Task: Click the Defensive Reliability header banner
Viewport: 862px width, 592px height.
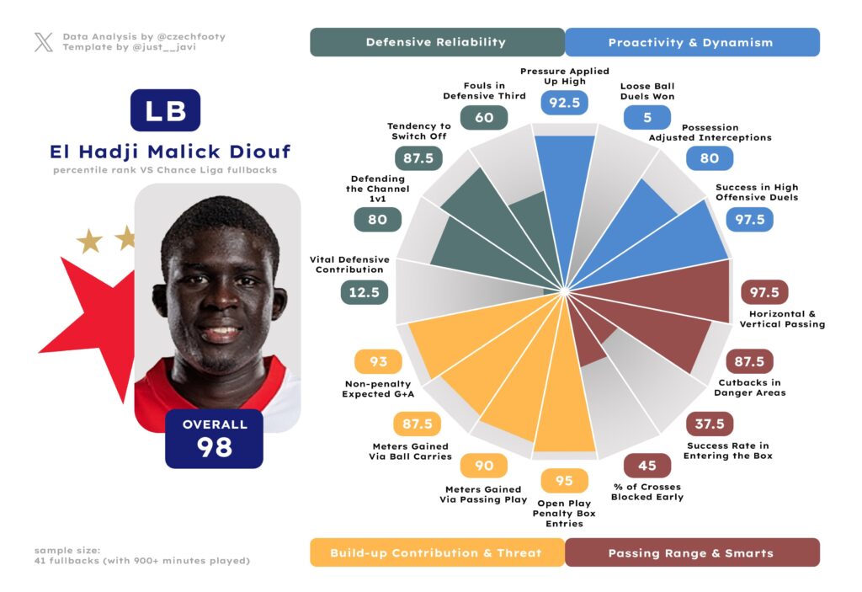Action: [x=436, y=42]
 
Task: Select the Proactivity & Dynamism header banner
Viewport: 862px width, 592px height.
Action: [x=691, y=42]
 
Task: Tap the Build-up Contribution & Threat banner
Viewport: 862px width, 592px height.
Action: [x=436, y=552]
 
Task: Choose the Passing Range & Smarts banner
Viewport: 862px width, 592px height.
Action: [x=691, y=552]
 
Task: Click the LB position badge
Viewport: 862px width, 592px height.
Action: [x=165, y=110]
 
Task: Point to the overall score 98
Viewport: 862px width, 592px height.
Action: [x=215, y=447]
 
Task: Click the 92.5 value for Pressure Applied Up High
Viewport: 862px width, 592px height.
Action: [x=565, y=103]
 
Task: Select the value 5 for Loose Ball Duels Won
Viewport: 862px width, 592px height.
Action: [x=647, y=117]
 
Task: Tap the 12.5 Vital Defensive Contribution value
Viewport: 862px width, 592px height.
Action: [x=364, y=292]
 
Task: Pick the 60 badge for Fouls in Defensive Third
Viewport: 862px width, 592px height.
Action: [x=484, y=118]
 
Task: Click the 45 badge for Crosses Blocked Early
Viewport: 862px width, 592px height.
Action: [x=647, y=465]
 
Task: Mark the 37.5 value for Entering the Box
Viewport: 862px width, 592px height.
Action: [x=710, y=424]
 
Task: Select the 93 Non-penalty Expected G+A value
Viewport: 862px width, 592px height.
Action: [x=378, y=361]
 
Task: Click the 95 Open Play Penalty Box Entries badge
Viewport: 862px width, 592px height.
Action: [x=564, y=481]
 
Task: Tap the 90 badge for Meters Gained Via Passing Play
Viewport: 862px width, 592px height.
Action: [x=484, y=466]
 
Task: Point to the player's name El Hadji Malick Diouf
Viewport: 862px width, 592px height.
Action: [x=171, y=152]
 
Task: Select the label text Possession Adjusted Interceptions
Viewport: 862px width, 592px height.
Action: [x=710, y=131]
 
